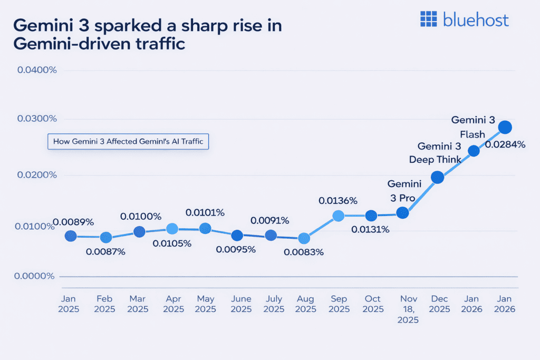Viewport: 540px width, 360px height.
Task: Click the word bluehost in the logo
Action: (476, 20)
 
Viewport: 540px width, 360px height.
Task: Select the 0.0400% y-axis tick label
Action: (37, 70)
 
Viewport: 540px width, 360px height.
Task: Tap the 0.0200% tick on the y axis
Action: (37, 174)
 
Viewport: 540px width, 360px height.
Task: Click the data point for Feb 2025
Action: (106, 238)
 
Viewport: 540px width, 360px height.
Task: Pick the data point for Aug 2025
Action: (304, 239)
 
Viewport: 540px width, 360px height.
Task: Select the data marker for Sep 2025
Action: (338, 216)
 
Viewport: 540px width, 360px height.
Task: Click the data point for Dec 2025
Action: (437, 177)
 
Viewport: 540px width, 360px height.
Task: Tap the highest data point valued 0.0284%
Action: (505, 127)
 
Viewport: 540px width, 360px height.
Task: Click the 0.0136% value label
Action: (338, 200)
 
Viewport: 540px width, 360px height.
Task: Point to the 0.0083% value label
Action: (304, 252)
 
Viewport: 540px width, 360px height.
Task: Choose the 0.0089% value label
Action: (73, 222)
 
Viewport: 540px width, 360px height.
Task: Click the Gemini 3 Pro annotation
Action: (404, 191)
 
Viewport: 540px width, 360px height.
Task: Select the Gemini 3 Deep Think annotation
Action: (439, 153)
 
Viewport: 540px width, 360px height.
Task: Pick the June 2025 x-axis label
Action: (242, 304)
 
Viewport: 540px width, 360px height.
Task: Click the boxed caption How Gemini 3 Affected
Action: (128, 142)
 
